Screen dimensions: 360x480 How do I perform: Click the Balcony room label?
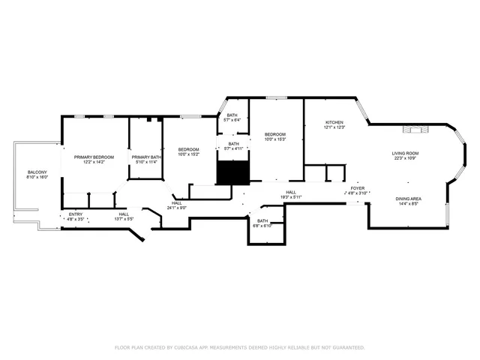pos(37,172)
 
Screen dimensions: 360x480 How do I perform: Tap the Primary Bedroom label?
pos(94,157)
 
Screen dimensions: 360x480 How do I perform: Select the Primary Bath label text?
pos(145,157)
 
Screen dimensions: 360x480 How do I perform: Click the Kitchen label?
pos(334,122)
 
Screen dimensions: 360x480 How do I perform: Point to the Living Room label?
pos(404,153)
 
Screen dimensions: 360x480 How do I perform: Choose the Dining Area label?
pos(408,198)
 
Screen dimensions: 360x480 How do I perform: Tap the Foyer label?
pos(358,188)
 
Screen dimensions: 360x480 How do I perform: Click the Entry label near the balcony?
pos(76,214)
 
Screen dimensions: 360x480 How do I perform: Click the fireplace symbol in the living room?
pos(415,130)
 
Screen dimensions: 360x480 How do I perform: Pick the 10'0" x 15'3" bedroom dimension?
pos(276,139)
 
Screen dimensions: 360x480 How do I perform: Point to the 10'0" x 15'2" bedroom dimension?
pos(188,154)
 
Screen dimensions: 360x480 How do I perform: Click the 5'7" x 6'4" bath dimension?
pos(232,120)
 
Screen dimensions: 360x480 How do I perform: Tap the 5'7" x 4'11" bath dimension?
pos(233,148)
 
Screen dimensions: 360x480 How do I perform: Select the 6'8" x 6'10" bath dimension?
pos(262,226)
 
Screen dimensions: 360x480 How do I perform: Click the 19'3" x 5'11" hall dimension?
pos(291,197)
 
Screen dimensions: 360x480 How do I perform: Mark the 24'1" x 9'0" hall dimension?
pos(176,207)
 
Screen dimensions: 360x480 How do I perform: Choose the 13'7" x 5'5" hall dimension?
pos(124,219)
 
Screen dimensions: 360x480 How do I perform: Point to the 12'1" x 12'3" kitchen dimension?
pos(334,127)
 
